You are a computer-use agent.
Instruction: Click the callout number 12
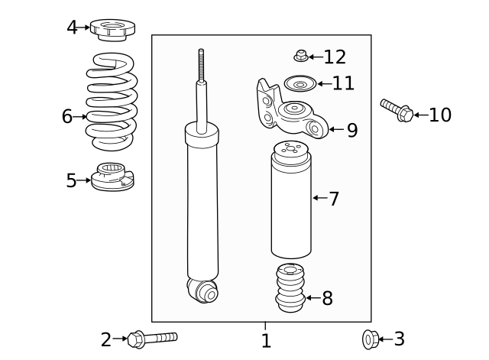pos(335,57)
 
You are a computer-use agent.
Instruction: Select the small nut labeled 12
pos(301,55)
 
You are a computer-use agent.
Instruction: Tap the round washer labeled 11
pos(299,83)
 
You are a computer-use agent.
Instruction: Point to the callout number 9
pos(351,130)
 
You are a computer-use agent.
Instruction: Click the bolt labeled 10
pos(396,111)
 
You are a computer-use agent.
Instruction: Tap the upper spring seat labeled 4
pos(112,29)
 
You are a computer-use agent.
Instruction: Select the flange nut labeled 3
pos(369,339)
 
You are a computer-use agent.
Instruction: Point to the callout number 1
pos(265,341)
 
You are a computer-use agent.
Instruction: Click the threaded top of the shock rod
pos(202,64)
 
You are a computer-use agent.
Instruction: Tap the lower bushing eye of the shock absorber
pos(202,290)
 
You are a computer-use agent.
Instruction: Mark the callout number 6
pos(67,116)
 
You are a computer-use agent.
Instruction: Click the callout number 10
pos(439,115)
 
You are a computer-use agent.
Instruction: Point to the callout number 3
pos(398,339)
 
